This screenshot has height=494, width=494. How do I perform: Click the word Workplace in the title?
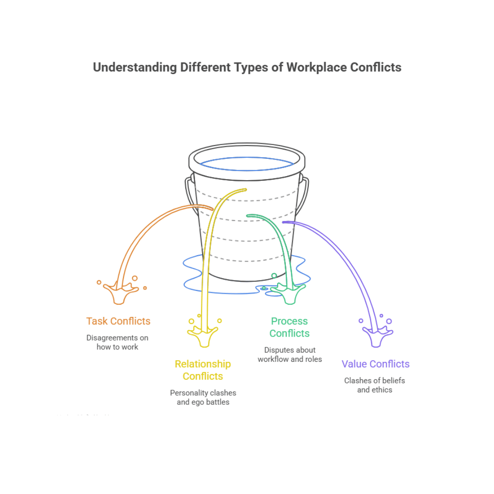tap(317, 67)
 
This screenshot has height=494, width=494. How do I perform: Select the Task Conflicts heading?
tap(118, 321)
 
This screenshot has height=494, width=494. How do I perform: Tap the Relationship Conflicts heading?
tap(203, 370)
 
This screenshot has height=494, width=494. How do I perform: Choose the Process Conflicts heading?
tap(289, 327)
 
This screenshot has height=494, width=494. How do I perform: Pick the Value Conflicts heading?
tap(376, 364)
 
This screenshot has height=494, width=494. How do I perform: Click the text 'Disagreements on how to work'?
tap(118, 342)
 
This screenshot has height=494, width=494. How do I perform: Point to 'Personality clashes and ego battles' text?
tap(203, 397)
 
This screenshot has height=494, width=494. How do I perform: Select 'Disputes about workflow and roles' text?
tap(290, 354)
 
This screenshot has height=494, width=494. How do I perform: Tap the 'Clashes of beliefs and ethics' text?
tap(375, 385)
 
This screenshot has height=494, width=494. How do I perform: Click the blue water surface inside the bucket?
tap(247, 164)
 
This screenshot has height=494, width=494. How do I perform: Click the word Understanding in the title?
tap(135, 67)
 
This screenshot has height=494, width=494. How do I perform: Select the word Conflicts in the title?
tap(376, 67)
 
